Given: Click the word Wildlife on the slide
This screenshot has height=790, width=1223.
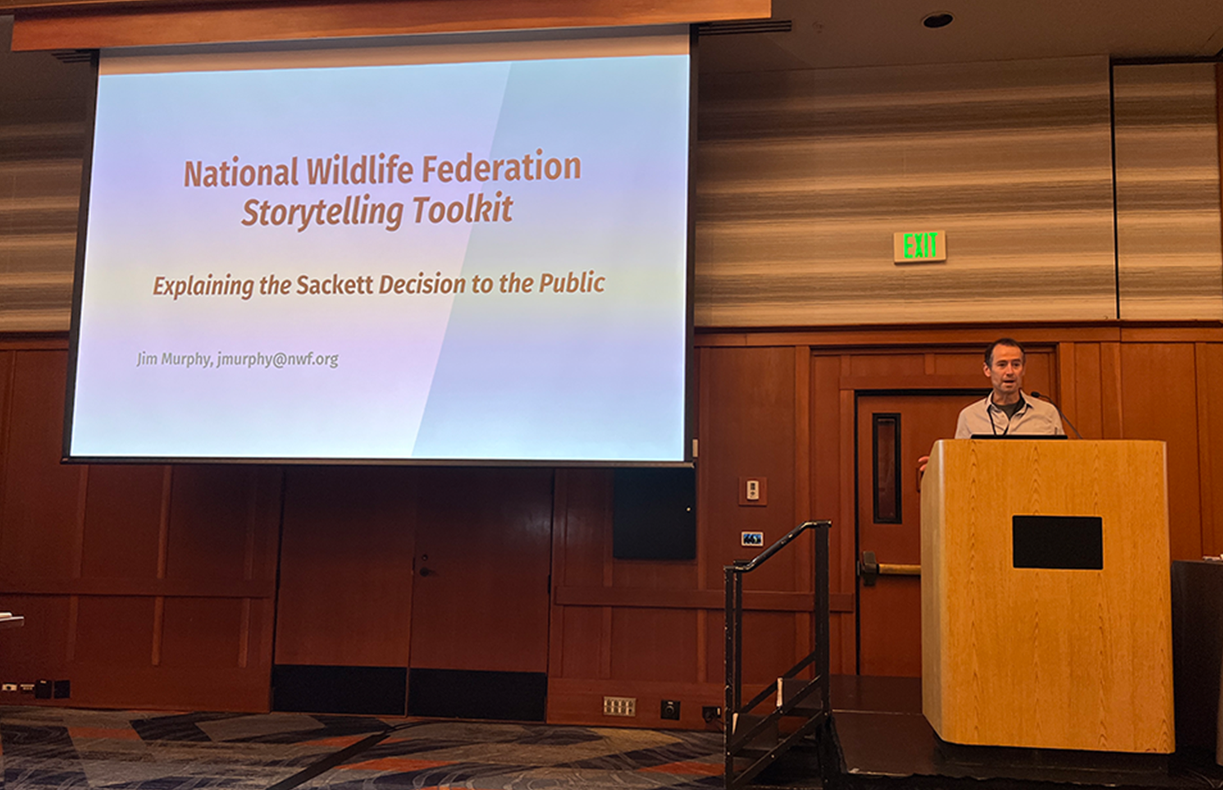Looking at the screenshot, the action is click(x=359, y=171).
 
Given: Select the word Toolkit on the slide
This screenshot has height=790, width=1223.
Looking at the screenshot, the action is click(x=463, y=208).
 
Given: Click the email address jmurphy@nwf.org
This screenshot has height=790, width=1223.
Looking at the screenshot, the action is click(x=277, y=360).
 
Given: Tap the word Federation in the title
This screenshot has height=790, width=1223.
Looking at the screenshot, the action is click(x=501, y=167).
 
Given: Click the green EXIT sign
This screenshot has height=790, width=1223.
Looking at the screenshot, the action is click(x=920, y=246).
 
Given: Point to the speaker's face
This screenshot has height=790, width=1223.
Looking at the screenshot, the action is click(x=1005, y=369).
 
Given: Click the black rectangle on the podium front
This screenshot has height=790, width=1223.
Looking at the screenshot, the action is click(x=1057, y=543).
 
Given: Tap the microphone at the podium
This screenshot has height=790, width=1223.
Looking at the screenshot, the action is click(x=1056, y=413).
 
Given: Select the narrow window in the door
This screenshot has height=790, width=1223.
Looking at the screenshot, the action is click(x=886, y=468).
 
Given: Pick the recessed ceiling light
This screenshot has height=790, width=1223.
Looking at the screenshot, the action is click(x=938, y=21).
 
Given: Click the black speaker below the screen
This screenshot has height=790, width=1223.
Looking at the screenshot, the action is click(x=654, y=514).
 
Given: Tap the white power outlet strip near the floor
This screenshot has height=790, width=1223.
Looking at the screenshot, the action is click(x=619, y=706).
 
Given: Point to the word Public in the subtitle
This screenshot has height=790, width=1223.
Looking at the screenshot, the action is click(x=572, y=283).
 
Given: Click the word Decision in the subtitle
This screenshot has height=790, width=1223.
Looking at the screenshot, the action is click(x=422, y=285).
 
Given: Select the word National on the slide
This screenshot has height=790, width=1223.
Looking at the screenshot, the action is click(x=241, y=174).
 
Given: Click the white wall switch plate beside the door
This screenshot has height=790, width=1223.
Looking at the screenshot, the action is click(x=752, y=491).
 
